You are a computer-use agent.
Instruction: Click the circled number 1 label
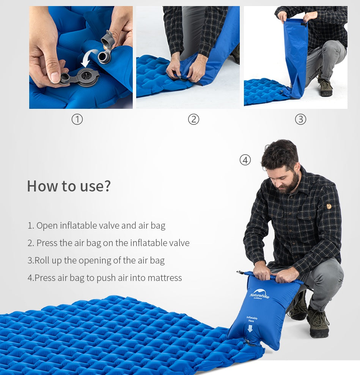coord(77,119)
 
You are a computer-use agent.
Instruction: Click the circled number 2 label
coord(193,119)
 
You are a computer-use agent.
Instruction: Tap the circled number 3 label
coord(300,119)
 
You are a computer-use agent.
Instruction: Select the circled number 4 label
coord(245,160)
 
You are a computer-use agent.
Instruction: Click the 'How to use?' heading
coord(69,186)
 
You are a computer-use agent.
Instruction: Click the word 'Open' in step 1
coord(47,226)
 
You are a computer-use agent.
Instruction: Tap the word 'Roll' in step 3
coord(42,260)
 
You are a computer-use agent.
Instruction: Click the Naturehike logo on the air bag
coord(259,295)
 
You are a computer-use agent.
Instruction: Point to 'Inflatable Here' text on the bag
coord(252,319)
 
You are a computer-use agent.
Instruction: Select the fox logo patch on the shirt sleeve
coord(329,206)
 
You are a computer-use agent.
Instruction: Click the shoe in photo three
coord(325,88)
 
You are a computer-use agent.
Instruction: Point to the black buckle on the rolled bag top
coord(240,273)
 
